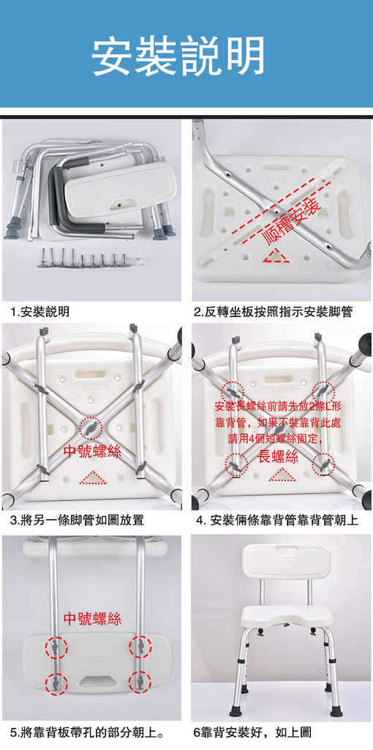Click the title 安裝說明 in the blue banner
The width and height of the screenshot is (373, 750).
[x=178, y=56]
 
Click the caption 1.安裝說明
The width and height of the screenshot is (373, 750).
[x=39, y=312]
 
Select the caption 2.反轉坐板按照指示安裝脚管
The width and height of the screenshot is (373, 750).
[x=274, y=312]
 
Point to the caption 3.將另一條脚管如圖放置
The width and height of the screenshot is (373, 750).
[x=77, y=519]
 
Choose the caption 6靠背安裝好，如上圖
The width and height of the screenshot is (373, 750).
[x=252, y=732]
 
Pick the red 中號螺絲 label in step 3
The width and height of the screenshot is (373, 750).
[x=92, y=451]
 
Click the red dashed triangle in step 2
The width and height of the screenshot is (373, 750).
[x=275, y=256]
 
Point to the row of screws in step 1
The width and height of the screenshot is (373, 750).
[x=84, y=257]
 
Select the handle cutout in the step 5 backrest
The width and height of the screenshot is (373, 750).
[x=97, y=679]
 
